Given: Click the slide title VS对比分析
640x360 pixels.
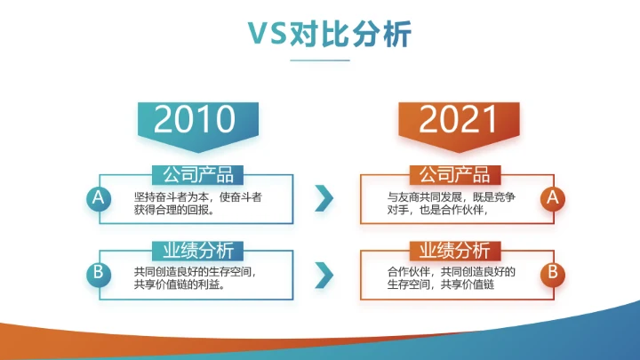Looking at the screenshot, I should (x=320, y=34).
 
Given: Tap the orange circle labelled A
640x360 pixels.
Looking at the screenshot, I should (x=553, y=198).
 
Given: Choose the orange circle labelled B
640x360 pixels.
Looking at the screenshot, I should (x=553, y=272).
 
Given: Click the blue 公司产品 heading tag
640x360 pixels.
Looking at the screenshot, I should (x=198, y=175).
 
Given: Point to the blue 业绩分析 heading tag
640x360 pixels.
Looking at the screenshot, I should (x=198, y=250).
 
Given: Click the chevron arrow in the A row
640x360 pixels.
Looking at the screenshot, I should (x=324, y=198).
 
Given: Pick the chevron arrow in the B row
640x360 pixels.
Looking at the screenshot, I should (x=324, y=272).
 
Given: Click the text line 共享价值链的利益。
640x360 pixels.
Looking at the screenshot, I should (x=178, y=285).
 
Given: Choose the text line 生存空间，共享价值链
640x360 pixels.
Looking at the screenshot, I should (x=440, y=285).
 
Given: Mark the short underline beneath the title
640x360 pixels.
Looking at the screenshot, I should (x=320, y=60).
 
